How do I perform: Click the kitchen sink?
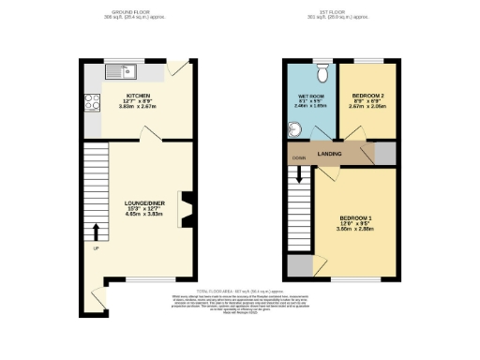tap(121, 71)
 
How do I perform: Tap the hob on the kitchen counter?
tap(92, 102)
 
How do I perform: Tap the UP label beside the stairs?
tap(96, 248)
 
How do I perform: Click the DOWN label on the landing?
tap(298, 157)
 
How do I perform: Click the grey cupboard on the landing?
tap(385, 154)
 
